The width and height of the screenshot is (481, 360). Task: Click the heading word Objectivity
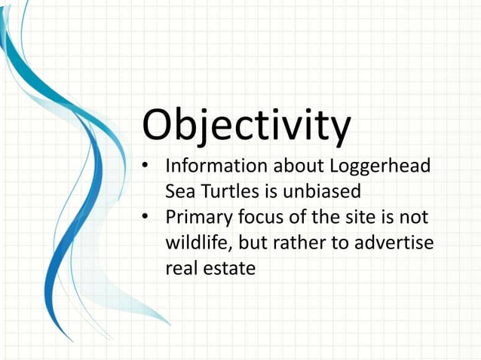point(246,126)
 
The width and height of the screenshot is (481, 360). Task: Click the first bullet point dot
point(148,163)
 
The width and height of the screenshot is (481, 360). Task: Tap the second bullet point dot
point(148,218)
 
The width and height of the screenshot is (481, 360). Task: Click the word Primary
point(198,218)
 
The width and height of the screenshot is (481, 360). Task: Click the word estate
point(231,268)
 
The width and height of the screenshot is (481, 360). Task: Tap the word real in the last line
point(180,268)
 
